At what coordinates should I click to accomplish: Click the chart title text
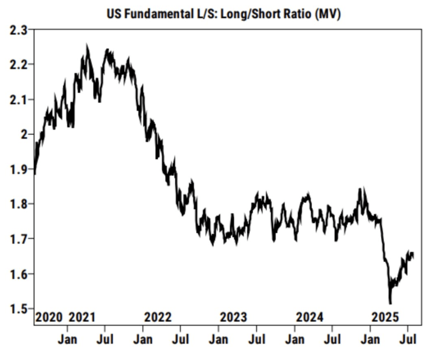coord(223,14)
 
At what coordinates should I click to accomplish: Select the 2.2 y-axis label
coord(18,64)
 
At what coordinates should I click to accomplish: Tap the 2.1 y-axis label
coord(18,100)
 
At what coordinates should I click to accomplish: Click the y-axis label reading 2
coord(24,134)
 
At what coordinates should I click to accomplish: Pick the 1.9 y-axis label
coord(18,169)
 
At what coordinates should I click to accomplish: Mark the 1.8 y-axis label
coord(18,204)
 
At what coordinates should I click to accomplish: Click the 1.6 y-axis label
coord(18,273)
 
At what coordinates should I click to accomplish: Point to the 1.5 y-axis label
coord(18,309)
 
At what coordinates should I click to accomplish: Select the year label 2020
coord(49,317)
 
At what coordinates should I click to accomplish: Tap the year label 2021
coord(82,317)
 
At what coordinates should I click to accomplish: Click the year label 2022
coord(158,317)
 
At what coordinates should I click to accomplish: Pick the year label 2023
coord(233,317)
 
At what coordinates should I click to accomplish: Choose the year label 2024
coord(309,317)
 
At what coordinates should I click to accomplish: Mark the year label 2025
coord(385,317)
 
